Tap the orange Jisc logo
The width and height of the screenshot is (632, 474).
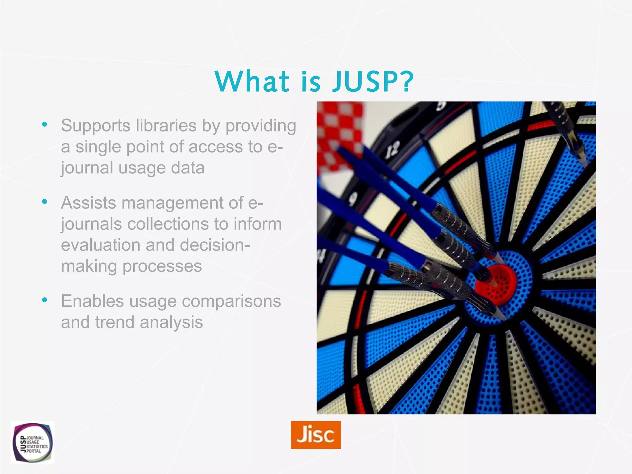click(x=316, y=434)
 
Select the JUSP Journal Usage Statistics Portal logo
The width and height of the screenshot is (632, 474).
click(x=32, y=443)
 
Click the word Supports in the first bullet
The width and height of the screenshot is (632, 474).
click(x=96, y=126)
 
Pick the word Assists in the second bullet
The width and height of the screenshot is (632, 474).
click(x=88, y=203)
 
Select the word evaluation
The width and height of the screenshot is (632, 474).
click(x=101, y=245)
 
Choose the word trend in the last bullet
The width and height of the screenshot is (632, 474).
click(x=114, y=322)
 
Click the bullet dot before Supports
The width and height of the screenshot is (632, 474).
click(x=45, y=124)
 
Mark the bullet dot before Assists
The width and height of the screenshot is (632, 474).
click(x=45, y=202)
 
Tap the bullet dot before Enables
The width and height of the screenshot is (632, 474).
click(x=45, y=300)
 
